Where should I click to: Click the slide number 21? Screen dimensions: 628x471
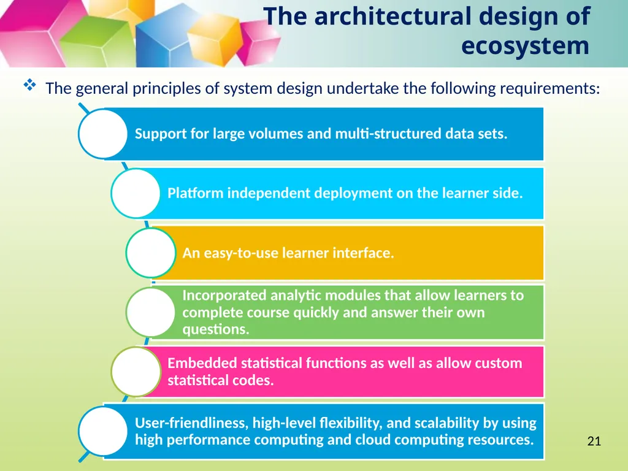coord(594,441)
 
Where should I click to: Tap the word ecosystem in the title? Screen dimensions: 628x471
coord(525,45)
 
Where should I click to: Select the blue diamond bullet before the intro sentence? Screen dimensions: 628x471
coord(29,85)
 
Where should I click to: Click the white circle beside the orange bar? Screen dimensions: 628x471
coord(151,252)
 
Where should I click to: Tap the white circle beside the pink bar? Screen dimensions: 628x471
coord(136,372)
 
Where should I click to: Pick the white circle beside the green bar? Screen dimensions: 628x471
coord(151,312)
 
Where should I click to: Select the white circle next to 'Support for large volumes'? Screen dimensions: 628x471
coord(103,134)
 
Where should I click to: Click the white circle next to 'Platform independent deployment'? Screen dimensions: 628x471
coord(136,193)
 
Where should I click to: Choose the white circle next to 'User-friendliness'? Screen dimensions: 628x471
coord(103,431)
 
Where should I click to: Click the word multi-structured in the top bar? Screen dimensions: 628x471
coord(388,133)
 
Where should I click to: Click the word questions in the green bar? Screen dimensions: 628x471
coord(216,329)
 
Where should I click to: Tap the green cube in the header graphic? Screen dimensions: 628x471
coord(98,42)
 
